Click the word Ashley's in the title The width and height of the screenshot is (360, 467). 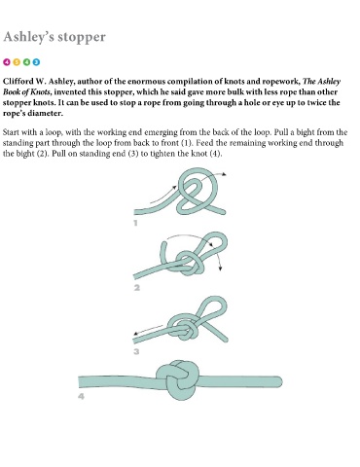(28, 37)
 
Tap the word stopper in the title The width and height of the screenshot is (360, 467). (82, 38)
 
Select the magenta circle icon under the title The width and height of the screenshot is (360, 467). (7, 62)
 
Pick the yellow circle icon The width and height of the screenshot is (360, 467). (17, 62)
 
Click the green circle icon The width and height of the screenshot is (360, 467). (26, 62)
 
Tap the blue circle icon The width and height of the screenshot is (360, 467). (36, 62)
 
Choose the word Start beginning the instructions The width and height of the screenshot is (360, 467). (11, 132)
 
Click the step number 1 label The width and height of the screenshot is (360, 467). (135, 223)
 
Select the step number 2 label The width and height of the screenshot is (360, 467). (137, 288)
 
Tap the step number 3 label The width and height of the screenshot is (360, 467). (136, 351)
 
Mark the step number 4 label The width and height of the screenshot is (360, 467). (81, 396)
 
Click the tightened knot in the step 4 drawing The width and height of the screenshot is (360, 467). (177, 379)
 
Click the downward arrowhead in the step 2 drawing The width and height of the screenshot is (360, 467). (221, 269)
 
